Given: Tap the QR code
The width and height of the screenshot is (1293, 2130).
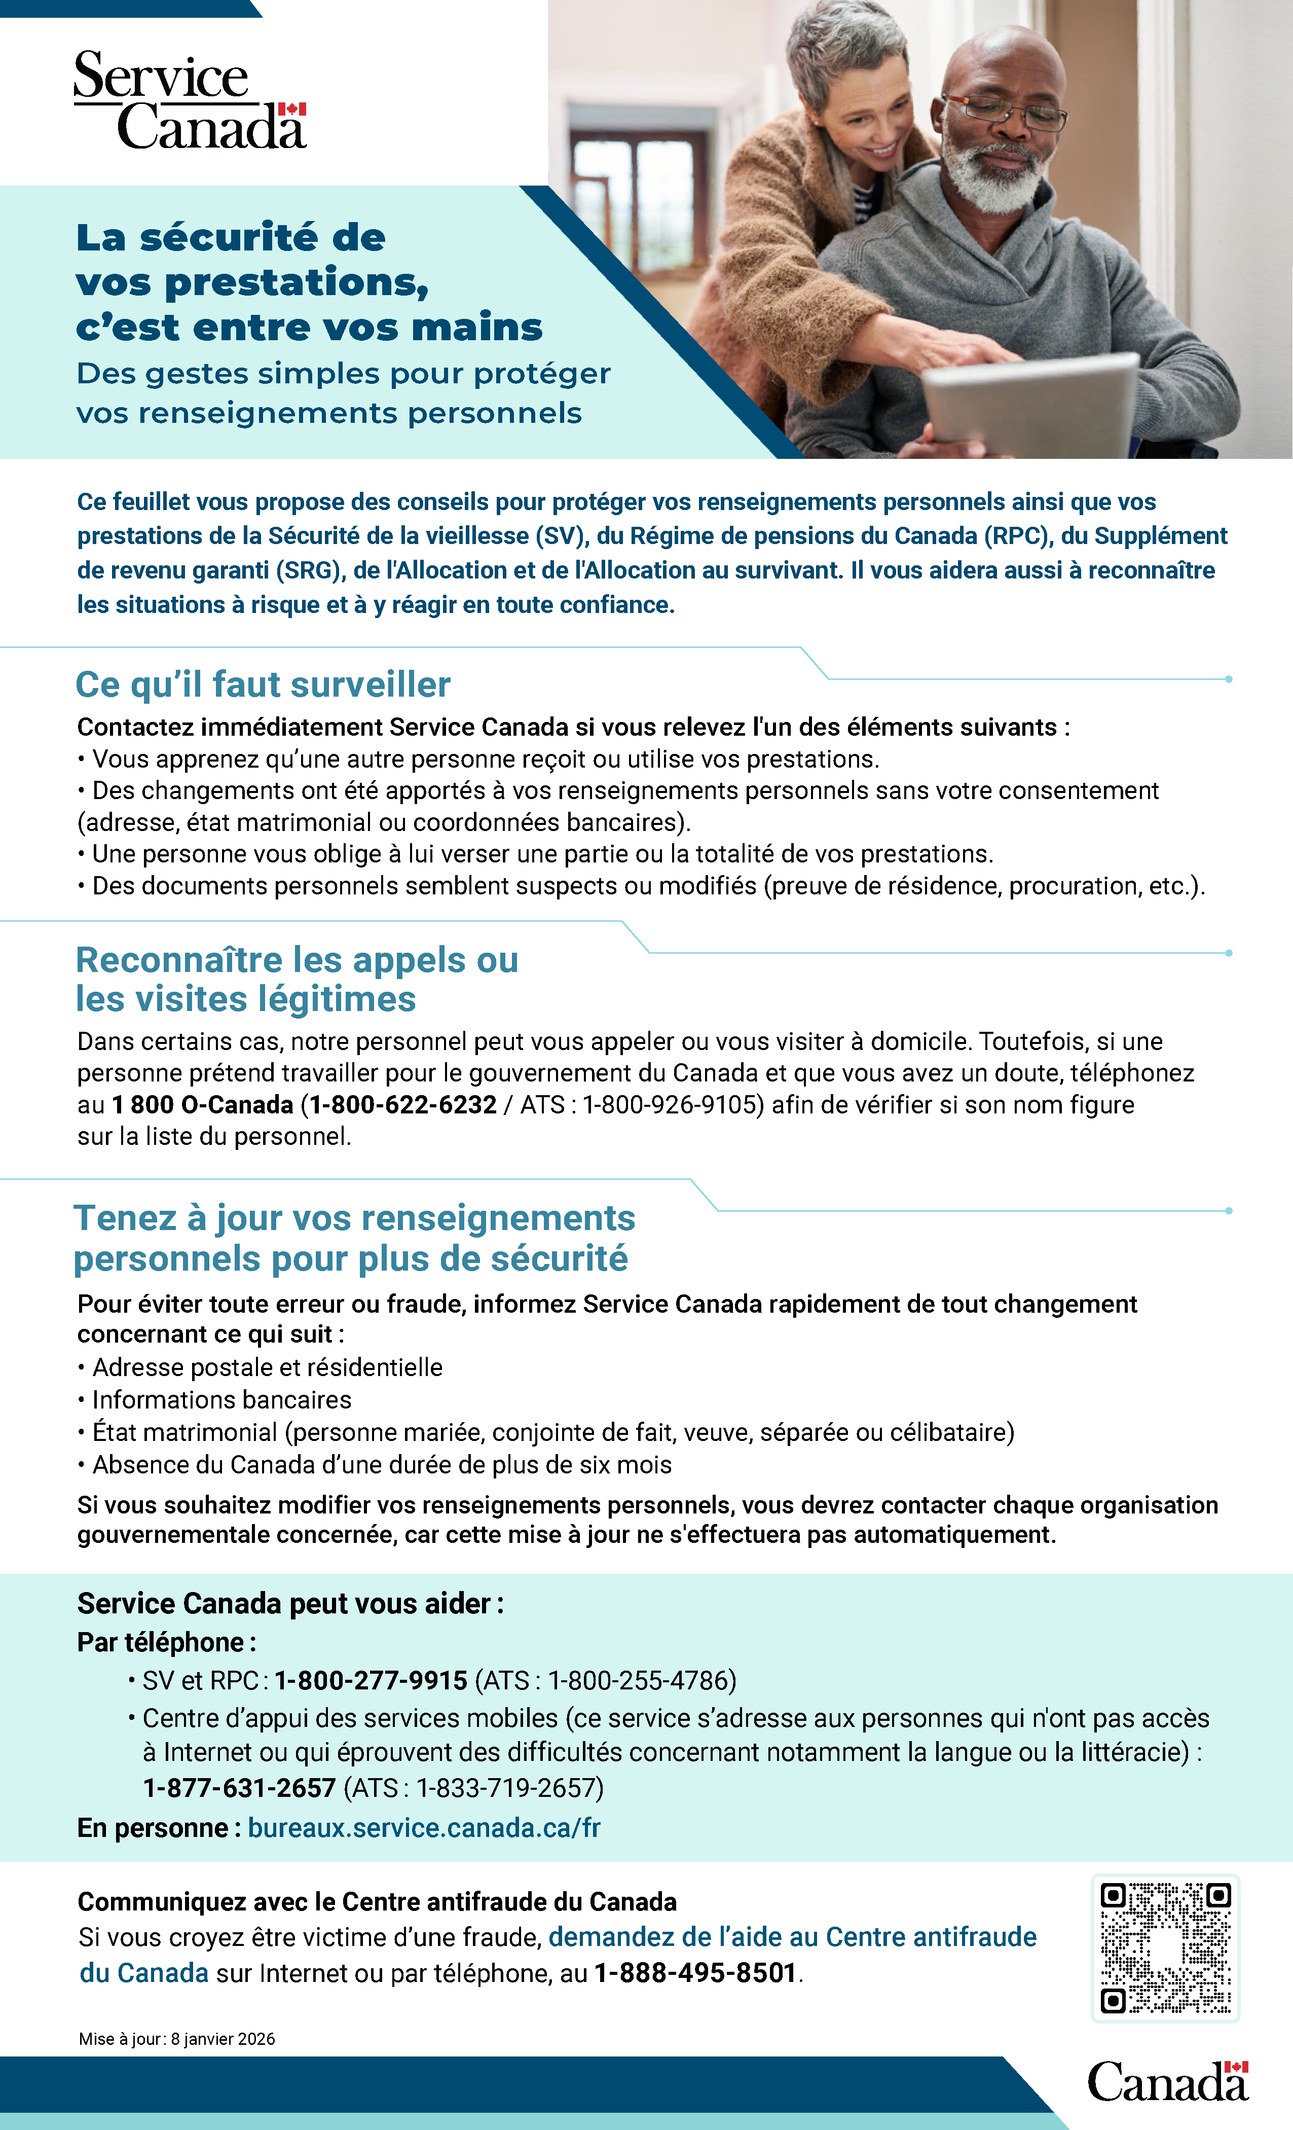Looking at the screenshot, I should [1165, 1947].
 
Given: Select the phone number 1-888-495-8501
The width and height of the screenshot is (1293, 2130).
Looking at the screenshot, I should [695, 1973].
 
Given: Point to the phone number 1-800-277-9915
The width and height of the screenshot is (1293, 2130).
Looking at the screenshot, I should [371, 1680].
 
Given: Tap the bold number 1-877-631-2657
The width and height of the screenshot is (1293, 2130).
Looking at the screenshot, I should [239, 1788].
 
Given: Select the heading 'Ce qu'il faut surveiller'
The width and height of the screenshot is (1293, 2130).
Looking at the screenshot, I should [263, 684].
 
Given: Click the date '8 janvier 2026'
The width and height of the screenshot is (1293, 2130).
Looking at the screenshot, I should [222, 2038].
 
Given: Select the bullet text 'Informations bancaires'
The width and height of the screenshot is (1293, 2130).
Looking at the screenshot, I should [221, 1399].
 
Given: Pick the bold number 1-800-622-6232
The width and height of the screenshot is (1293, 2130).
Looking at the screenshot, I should [403, 1105].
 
